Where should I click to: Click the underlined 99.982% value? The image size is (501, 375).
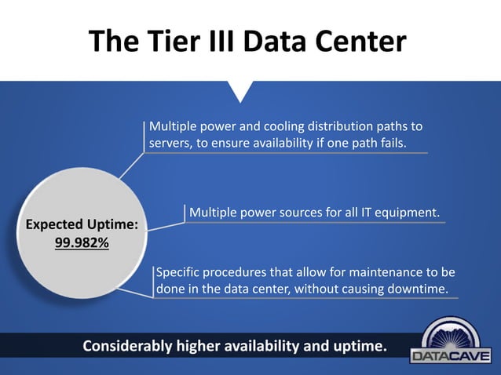pos(82,242)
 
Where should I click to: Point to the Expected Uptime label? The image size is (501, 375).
pos(82,224)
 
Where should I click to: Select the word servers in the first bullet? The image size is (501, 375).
pos(170,143)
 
